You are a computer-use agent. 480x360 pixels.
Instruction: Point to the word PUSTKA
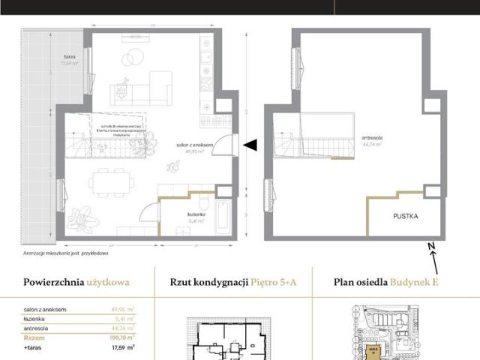(x=406, y=216)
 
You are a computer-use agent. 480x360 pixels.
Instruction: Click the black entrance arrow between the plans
(x=252, y=145)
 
